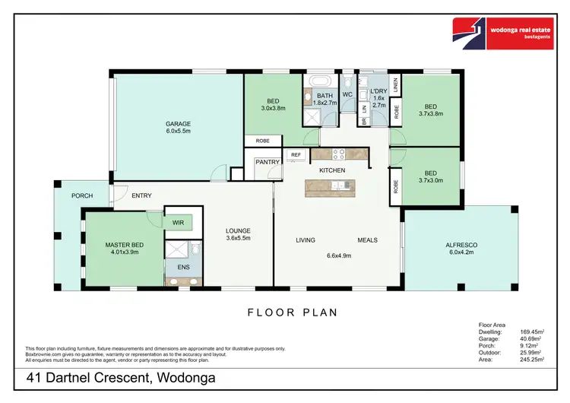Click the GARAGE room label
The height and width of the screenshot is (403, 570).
178,124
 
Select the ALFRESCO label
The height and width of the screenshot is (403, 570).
461,244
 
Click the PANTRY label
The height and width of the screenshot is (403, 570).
268,162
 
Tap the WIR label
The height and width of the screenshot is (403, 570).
178,223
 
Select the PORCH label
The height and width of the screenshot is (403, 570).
81,195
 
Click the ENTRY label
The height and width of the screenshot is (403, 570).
141,195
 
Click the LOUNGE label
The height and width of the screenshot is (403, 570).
237,230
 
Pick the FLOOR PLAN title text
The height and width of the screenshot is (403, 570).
293,312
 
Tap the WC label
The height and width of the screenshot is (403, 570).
347,94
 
